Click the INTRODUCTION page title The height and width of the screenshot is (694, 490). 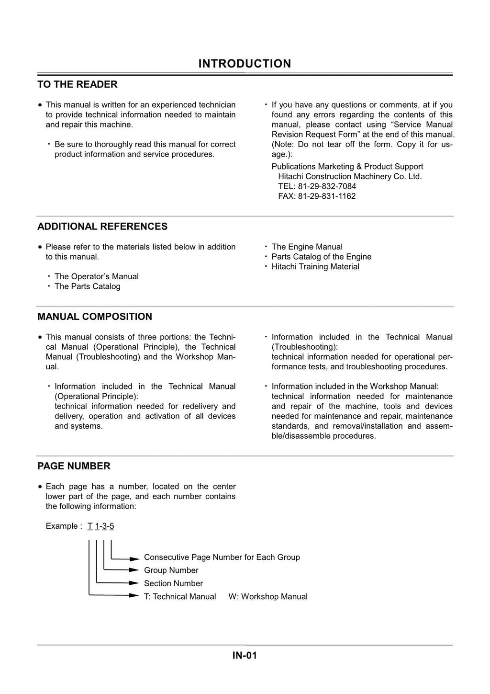[245, 64]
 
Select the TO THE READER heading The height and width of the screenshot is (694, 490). [78, 84]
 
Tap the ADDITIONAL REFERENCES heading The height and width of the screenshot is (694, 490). [102, 227]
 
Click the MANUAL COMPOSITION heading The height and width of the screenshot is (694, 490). [95, 317]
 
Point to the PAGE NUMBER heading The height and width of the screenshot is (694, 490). [74, 466]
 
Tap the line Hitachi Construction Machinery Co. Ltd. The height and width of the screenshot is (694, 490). [350, 176]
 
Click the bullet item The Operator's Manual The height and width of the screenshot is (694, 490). [96, 276]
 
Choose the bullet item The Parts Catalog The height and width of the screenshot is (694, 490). [87, 286]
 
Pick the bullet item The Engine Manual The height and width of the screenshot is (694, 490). [307, 247]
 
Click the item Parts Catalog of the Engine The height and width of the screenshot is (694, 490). [321, 257]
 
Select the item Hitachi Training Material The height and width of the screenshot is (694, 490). [315, 267]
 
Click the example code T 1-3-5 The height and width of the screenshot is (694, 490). [101, 526]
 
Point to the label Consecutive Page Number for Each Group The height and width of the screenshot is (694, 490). [222, 557]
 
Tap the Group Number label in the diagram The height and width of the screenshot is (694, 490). [171, 570]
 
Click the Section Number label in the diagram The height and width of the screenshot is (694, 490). [173, 583]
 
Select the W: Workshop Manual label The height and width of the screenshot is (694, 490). [268, 597]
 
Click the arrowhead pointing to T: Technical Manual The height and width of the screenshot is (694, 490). [134, 596]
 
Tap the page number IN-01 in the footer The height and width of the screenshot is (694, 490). [245, 656]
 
